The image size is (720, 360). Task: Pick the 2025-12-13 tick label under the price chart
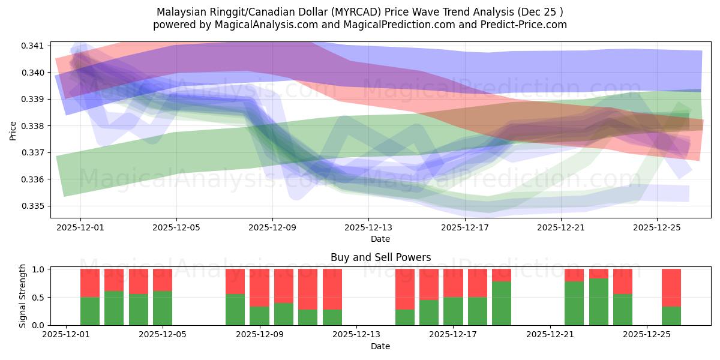[x=368, y=227]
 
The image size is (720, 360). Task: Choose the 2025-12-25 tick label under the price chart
[x=656, y=227]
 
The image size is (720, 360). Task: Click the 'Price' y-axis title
[x=13, y=130]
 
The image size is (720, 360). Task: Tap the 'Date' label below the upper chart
[x=380, y=239]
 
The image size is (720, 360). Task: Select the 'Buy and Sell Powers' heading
[x=380, y=257]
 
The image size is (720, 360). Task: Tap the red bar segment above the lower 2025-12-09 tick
[x=259, y=288]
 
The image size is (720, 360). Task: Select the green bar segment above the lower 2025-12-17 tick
[x=453, y=311]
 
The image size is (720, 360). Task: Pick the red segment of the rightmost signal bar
[x=671, y=288]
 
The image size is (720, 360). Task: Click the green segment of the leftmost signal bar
[x=90, y=311]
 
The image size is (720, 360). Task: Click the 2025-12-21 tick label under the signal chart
[x=550, y=335]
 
